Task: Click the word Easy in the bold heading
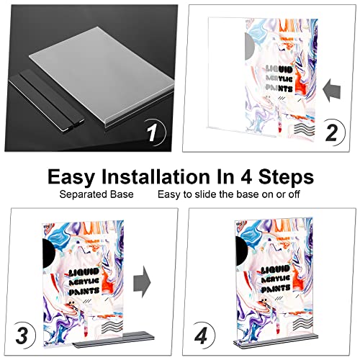(x=72, y=177)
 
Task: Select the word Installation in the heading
(x=156, y=177)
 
